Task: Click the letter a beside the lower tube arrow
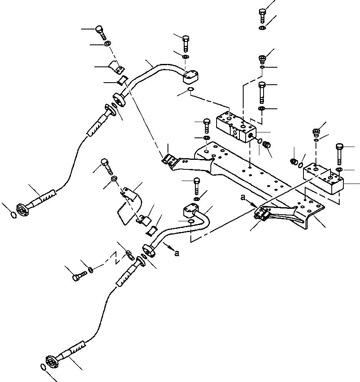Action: pos(177,253)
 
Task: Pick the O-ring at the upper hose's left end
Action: pos(14,214)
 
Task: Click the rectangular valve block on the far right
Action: pos(324,179)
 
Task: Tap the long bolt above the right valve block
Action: pos(338,152)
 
